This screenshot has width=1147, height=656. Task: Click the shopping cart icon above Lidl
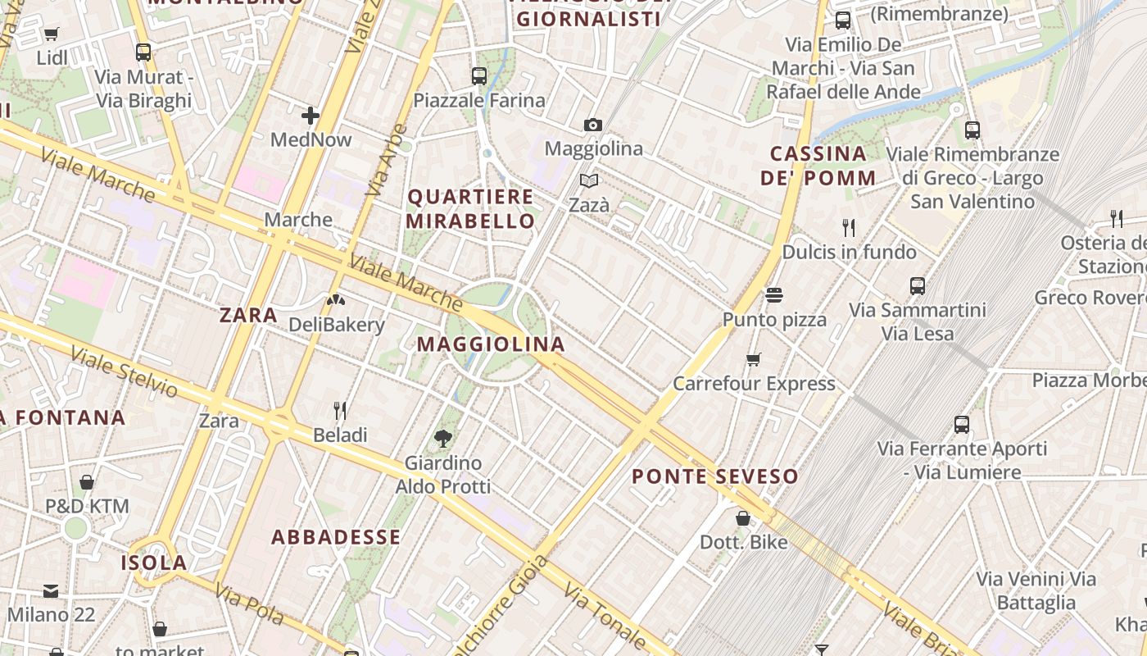tap(52, 34)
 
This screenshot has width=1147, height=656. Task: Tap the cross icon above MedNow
tap(311, 116)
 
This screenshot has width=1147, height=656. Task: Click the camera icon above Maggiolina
tap(593, 125)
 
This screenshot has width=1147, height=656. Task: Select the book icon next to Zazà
tap(589, 180)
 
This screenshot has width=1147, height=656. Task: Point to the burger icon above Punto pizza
tap(774, 294)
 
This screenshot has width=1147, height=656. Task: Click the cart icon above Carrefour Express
tap(753, 359)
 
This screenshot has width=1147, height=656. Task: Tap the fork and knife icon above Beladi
tap(340, 410)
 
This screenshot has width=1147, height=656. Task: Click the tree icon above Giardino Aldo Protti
tap(443, 439)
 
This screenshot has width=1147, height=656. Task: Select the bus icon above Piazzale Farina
tap(479, 76)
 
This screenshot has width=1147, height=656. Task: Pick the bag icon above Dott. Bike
tap(743, 518)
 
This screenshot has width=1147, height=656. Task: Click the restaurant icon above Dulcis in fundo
tap(849, 227)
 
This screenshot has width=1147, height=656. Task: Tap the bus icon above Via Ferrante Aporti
tap(962, 425)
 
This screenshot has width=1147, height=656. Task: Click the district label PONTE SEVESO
tap(714, 476)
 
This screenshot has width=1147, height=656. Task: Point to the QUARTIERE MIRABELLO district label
tap(470, 209)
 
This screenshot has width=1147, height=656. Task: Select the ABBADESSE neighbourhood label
tap(336, 537)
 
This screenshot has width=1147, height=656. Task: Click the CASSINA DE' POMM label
tap(818, 166)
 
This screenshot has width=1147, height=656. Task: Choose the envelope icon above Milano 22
tap(51, 590)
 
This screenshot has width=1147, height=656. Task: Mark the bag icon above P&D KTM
tap(87, 482)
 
